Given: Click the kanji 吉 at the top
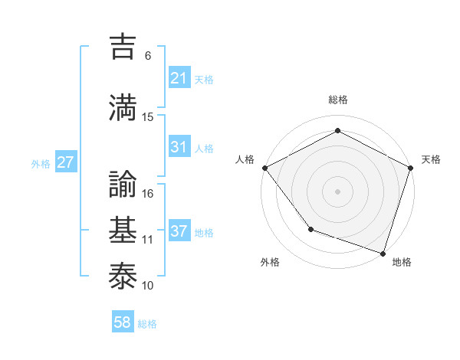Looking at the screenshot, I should pyautogui.click(x=125, y=47).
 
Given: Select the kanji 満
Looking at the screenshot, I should pyautogui.click(x=125, y=107).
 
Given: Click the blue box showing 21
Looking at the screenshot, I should pyautogui.click(x=179, y=78).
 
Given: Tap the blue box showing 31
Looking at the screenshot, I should pyautogui.click(x=179, y=147).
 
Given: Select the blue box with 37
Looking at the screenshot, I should pyautogui.click(x=179, y=231).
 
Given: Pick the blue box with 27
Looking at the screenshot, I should pyautogui.click(x=66, y=162).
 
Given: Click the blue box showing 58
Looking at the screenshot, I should pyautogui.click(x=123, y=323).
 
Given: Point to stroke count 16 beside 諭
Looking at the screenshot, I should pyautogui.click(x=149, y=194).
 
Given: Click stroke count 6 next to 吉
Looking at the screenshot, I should pyautogui.click(x=148, y=56).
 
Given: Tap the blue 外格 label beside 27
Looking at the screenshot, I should pyautogui.click(x=41, y=163).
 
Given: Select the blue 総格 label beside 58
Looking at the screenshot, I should pyautogui.click(x=147, y=324).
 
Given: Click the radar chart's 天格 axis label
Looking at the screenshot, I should pyautogui.click(x=431, y=159).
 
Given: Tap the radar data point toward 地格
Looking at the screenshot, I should pyautogui.click(x=383, y=252).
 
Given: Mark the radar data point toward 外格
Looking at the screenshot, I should pyautogui.click(x=310, y=229).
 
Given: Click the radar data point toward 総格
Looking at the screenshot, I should pyautogui.click(x=337, y=130).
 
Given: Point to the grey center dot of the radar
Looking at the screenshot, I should pyautogui.click(x=337, y=191).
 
